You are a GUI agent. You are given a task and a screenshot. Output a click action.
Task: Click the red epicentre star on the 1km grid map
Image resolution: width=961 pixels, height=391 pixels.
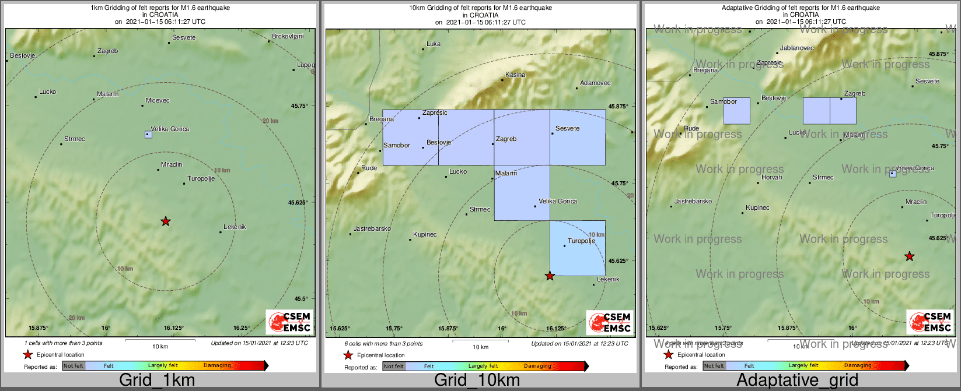pos(166,221)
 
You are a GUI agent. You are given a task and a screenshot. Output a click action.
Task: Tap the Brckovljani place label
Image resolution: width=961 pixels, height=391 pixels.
pos(288,37)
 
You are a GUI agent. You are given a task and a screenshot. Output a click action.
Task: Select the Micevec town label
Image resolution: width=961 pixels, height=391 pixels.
pos(158,100)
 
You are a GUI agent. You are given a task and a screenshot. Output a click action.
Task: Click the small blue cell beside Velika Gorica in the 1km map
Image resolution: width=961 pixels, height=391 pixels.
pos(148,135)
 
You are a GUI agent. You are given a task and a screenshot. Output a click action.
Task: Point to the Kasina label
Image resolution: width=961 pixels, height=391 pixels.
pos(515,75)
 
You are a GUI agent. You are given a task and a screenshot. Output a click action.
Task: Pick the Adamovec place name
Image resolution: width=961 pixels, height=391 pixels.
pos(595,83)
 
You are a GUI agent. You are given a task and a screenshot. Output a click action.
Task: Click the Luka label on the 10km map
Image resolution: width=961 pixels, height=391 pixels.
pos(434,44)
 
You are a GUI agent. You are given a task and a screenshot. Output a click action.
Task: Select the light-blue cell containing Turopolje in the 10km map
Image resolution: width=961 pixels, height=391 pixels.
pos(577,248)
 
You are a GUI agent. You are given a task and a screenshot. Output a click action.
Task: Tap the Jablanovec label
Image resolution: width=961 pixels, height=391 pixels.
pos(796,48)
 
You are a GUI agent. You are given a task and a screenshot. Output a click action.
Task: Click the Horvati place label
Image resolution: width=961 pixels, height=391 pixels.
pos(772,177)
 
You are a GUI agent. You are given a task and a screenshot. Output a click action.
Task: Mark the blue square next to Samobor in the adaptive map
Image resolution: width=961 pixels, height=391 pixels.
pos(736,111)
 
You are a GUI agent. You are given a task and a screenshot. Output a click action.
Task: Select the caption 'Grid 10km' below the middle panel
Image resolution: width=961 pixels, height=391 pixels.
pos(477,381)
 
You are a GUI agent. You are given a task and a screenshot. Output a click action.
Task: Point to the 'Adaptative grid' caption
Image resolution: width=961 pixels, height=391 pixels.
pos(797,381)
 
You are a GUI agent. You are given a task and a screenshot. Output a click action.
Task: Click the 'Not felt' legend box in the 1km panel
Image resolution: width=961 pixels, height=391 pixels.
pos(74,366)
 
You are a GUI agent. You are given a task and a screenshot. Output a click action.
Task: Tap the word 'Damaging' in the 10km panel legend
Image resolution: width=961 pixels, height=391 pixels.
pos(537,366)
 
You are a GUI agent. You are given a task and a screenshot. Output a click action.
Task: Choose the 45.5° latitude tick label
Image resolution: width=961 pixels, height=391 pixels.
pos(300,299)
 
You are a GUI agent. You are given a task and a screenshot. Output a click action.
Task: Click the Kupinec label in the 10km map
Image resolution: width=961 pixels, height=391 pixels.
pos(425,234)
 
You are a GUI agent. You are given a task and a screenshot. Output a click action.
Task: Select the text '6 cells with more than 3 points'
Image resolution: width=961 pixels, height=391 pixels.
pos(383,344)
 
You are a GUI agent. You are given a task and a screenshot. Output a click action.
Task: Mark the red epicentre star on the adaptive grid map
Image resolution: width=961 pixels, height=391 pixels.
pos(909,256)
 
